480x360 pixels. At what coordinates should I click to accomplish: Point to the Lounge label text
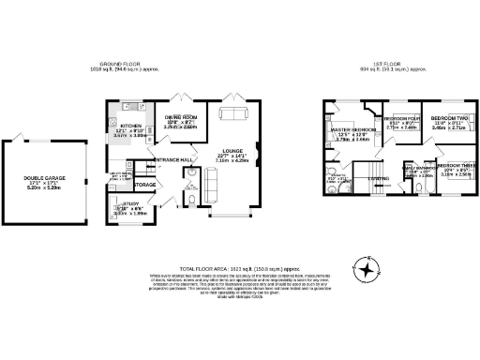[x=234, y=150]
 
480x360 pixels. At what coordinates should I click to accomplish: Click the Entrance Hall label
[x=173, y=160]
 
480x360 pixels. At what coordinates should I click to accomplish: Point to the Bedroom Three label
[x=454, y=163]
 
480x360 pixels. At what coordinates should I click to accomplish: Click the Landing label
[x=379, y=178]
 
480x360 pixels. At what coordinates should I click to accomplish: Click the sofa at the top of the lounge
[x=231, y=113]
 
